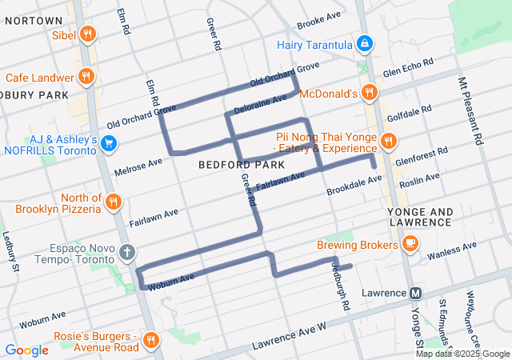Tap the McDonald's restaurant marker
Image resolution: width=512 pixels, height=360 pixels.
tap(369, 93)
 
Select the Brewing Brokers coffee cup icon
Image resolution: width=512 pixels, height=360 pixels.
tap(410, 242)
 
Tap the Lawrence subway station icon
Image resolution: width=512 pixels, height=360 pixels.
tap(415, 293)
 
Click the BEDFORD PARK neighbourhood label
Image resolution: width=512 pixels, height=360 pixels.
tap(231, 164)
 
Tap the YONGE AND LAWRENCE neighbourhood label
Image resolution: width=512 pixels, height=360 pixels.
tap(420, 217)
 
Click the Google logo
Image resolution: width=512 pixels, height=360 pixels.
tap(26, 350)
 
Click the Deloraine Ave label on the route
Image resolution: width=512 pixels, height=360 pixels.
tap(259, 104)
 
